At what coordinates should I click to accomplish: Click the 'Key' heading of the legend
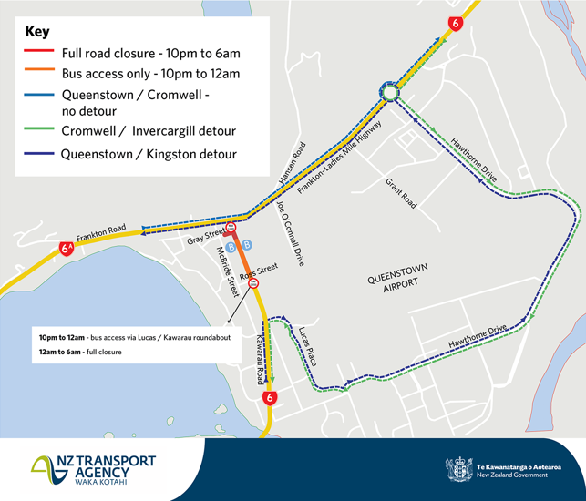pos(37,32)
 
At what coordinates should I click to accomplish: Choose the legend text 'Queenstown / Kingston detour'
pos(149,154)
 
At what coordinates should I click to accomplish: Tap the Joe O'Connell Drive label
pos(287,232)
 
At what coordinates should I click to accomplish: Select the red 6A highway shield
pos(67,248)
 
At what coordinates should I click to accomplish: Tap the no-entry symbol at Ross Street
pos(253,284)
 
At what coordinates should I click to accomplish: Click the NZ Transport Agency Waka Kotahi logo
pos(93,469)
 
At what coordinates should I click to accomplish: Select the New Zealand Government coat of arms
pos(459,469)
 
